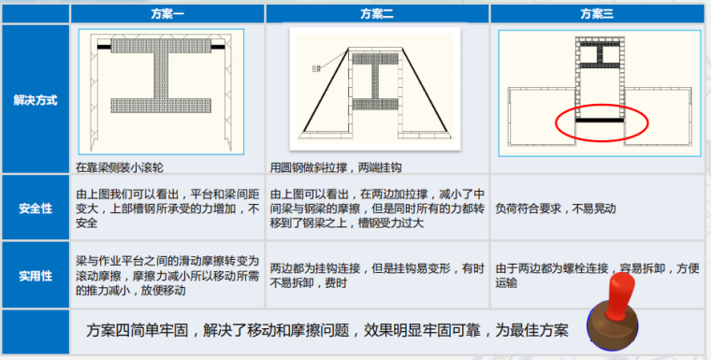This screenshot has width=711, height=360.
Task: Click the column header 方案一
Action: click(167, 14)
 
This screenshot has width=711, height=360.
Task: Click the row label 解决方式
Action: click(35, 100)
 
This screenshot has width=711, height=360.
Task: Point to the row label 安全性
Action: click(35, 207)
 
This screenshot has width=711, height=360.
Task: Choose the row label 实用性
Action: click(35, 275)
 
